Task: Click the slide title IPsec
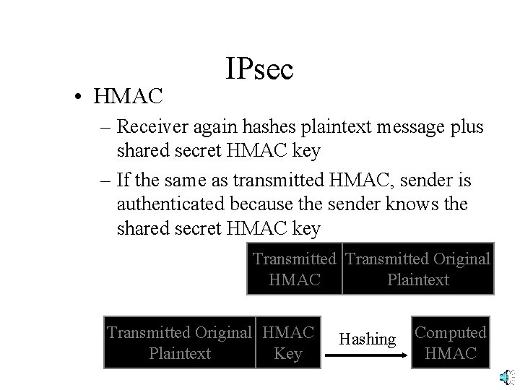259,69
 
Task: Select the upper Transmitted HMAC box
294,269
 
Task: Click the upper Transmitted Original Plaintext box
417,269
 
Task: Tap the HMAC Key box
288,342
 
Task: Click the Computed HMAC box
451,342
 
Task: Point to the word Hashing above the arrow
368,339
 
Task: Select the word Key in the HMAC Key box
288,353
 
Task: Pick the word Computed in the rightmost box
451,332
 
